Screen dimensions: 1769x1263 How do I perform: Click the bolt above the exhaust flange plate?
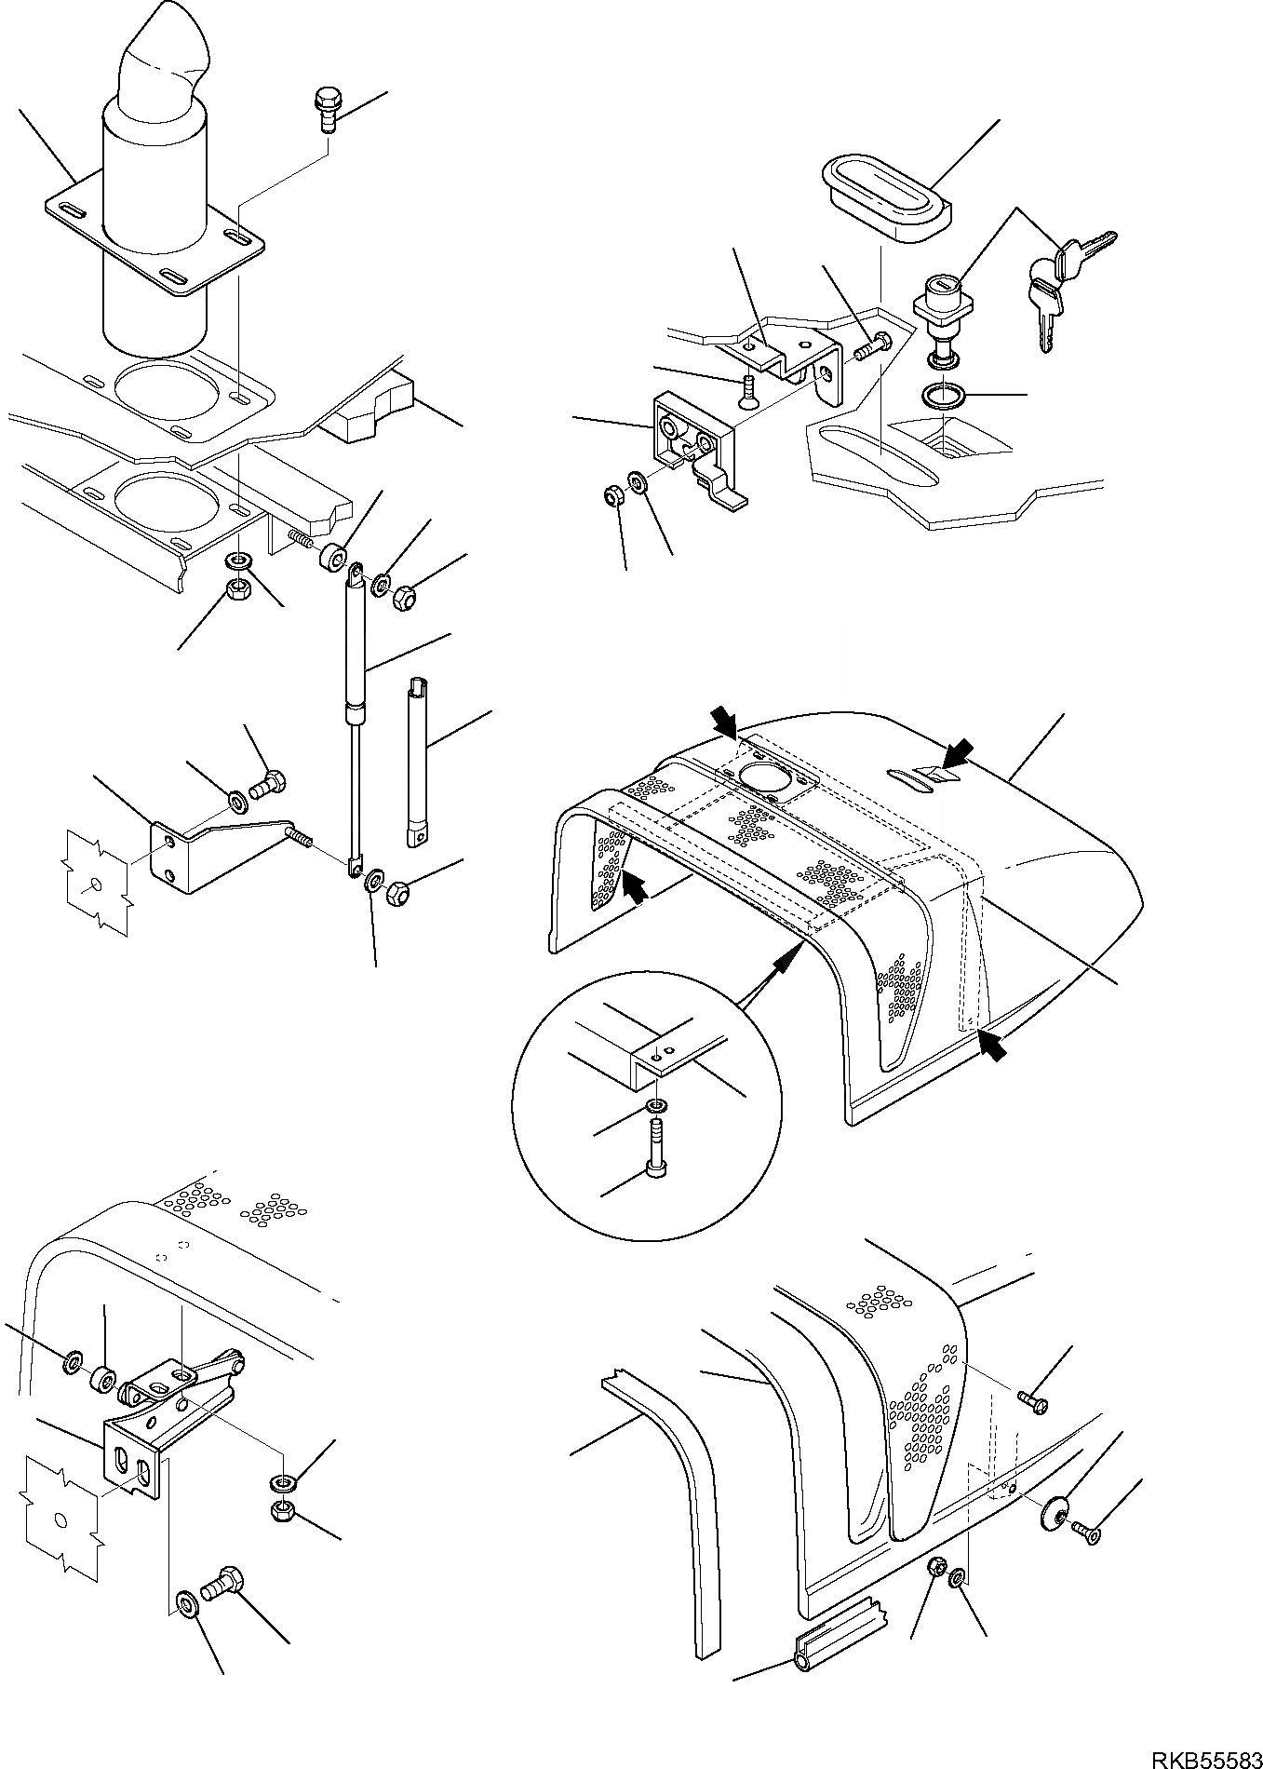click(x=327, y=105)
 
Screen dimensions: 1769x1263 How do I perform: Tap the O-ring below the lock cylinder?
click(x=943, y=398)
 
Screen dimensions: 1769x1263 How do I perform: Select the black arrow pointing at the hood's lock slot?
click(x=958, y=752)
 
